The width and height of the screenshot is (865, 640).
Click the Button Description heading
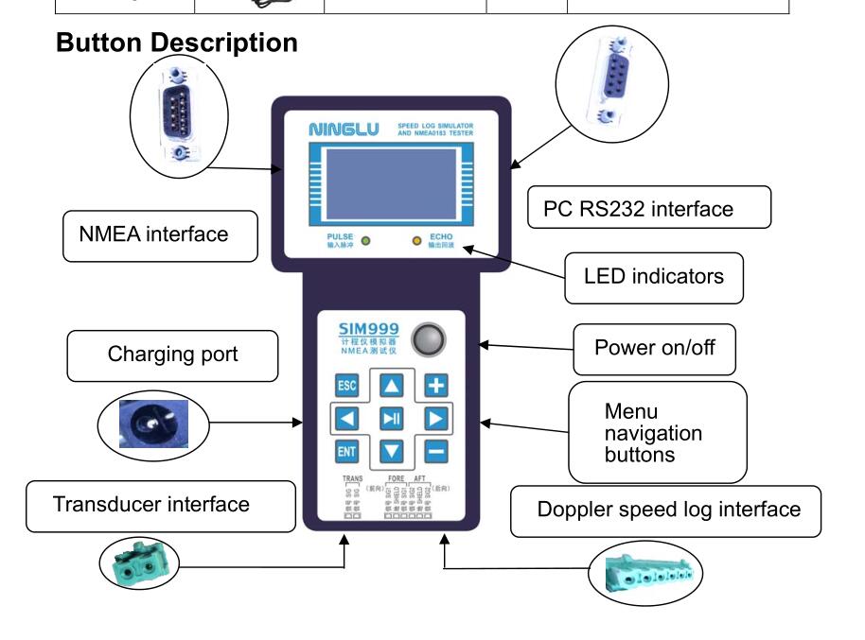point(177,43)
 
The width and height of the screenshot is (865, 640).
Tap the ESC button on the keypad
point(346,387)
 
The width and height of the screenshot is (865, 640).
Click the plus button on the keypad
point(436,386)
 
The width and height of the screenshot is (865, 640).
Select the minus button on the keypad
point(436,451)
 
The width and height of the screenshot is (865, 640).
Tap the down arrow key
point(391,451)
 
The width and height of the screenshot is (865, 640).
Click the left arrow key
point(346,418)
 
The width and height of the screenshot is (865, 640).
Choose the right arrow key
point(435,418)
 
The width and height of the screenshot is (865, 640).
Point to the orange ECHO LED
point(416,240)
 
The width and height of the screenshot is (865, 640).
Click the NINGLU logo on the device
point(344,129)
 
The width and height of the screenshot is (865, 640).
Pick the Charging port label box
point(172,355)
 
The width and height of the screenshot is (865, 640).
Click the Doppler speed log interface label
point(666,510)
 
